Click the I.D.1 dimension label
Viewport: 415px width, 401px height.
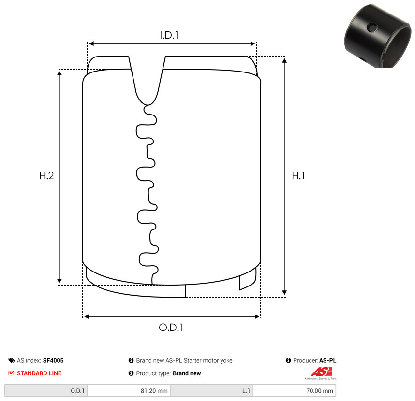[x=169, y=35]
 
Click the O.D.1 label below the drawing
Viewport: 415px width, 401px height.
[x=171, y=328]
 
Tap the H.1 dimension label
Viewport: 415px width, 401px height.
[x=298, y=176]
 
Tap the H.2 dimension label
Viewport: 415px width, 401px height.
[x=46, y=176]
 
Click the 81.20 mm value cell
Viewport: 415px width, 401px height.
[x=129, y=391]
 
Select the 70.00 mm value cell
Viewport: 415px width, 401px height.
[x=294, y=391]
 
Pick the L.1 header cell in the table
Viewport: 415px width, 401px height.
[x=212, y=391]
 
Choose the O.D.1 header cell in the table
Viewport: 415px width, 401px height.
[x=46, y=391]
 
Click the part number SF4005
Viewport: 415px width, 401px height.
[x=53, y=360]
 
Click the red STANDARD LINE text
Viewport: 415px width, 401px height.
[x=39, y=373]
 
